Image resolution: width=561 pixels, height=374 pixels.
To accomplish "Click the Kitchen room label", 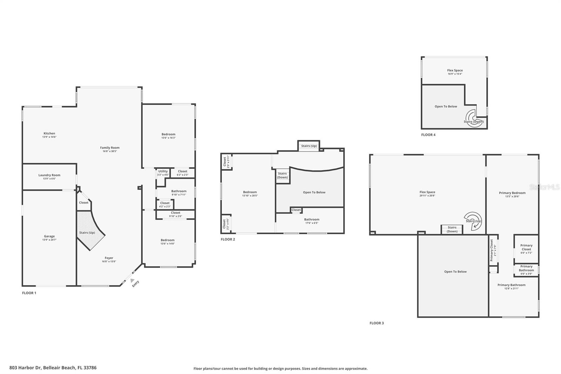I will [49, 134].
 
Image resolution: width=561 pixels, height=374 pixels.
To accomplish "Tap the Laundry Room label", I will [49, 175].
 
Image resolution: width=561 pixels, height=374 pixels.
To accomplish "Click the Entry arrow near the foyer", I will [132, 280].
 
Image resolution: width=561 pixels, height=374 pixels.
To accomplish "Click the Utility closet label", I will [163, 172].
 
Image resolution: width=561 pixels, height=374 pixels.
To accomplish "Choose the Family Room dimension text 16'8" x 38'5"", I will [110, 151].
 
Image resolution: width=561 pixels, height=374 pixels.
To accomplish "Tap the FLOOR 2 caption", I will [228, 239].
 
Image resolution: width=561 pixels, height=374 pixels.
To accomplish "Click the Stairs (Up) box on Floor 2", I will [309, 146].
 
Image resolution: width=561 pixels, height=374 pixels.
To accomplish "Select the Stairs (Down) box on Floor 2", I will [282, 175].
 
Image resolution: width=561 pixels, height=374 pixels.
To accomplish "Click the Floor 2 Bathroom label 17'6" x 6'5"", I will [312, 221].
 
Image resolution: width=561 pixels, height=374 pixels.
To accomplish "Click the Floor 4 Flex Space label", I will [455, 71].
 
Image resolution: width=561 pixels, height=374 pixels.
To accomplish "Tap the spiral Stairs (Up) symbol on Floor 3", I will [473, 220].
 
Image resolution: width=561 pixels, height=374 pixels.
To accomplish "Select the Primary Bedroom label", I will [512, 193].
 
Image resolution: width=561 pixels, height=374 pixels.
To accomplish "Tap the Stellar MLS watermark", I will [544, 187].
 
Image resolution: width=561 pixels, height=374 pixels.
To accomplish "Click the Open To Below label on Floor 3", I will [455, 272].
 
